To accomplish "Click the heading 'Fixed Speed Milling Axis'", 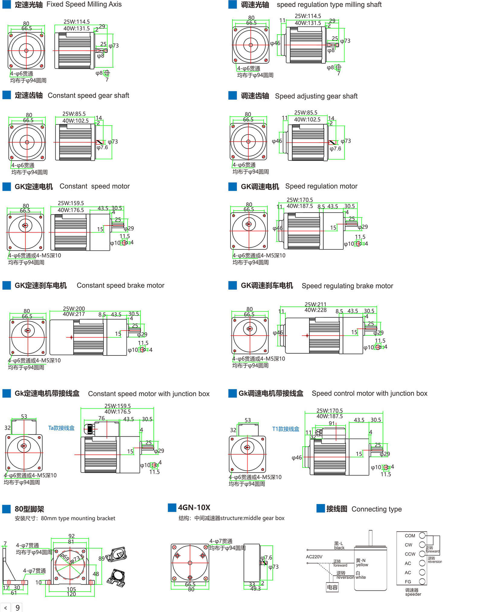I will click(84, 5).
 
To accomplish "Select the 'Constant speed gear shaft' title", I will click(88, 96).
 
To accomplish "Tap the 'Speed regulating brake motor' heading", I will click(347, 286).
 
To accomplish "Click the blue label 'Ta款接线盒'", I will click(61, 428).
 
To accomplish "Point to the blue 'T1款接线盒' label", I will click(286, 429).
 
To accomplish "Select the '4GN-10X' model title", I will click(194, 507).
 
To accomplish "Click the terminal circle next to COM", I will click(422, 535).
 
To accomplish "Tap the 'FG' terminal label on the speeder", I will click(408, 582).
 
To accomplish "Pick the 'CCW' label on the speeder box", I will click(410, 554).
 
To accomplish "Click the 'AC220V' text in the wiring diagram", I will click(314, 557).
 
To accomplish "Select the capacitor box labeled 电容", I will click(332, 587).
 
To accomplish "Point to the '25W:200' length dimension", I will click(74, 308).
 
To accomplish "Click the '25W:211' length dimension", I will click(315, 304).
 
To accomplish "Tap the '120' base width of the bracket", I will click(71, 594).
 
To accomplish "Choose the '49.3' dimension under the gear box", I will click(255, 588).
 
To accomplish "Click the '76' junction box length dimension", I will click(101, 418).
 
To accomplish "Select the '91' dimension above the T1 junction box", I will click(332, 423).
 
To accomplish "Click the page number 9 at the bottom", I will click(18, 607).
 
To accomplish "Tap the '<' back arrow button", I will click(5, 607).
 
